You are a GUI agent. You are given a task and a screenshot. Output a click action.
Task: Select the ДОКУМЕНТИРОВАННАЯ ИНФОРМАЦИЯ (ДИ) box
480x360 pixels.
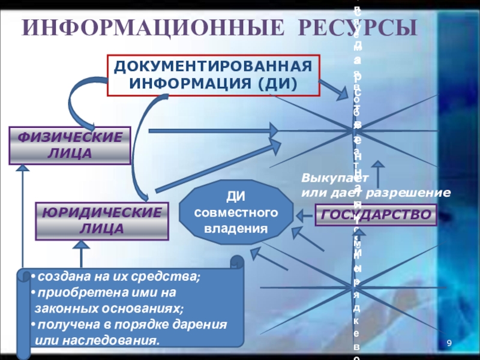click(x=214, y=75)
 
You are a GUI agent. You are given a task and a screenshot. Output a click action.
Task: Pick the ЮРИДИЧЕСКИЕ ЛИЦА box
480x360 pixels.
click(x=100, y=221)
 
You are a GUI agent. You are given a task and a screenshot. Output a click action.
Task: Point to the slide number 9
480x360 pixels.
click(x=448, y=343)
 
